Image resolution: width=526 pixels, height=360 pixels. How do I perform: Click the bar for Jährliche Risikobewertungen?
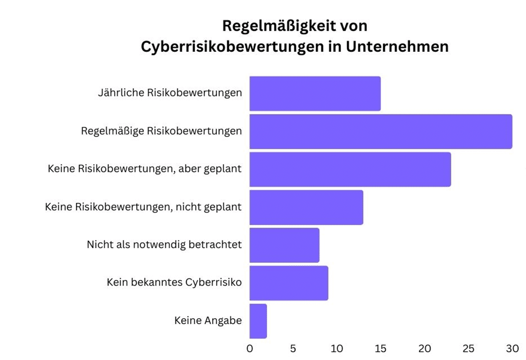click(315, 93)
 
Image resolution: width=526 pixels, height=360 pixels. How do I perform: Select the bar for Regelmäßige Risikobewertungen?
click(381, 131)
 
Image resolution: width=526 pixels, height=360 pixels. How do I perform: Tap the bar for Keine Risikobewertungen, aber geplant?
click(350, 169)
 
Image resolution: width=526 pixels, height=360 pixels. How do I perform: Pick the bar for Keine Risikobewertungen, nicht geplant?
click(306, 207)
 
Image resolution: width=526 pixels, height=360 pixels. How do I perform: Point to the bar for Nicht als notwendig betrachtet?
click(284, 245)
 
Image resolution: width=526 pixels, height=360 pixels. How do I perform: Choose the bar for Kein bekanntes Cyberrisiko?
click(289, 283)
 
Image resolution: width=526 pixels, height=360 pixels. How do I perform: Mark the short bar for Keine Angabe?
click(258, 321)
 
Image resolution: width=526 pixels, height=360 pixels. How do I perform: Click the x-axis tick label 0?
click(250, 349)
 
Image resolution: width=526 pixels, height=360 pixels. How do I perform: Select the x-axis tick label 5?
click(293, 349)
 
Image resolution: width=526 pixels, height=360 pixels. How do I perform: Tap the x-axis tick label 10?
click(336, 349)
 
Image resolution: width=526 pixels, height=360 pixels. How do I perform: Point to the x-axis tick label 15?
click(380, 349)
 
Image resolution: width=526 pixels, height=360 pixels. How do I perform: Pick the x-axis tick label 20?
click(424, 349)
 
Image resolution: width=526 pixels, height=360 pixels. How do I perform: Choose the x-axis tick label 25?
click(468, 349)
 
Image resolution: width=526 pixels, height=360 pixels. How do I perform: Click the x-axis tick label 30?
click(512, 349)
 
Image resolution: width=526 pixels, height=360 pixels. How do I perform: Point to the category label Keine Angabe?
click(208, 321)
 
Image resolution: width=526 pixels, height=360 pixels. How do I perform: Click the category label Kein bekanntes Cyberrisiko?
click(174, 282)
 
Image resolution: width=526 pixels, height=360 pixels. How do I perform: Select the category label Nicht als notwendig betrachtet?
click(164, 245)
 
